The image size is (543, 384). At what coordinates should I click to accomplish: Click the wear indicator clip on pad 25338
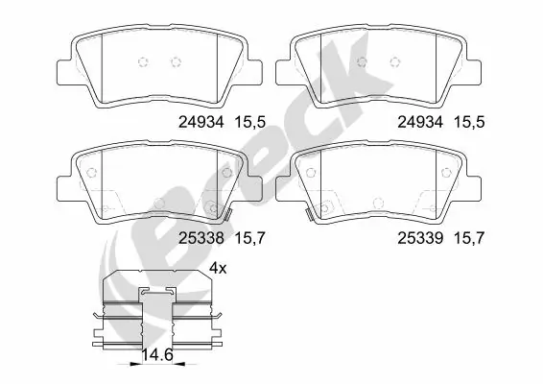pos(231,213)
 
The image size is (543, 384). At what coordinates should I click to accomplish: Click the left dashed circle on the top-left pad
pos(144,62)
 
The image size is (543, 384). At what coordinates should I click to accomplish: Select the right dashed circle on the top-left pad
pos(175,62)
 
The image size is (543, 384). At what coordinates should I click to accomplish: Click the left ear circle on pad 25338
pos(92,174)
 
